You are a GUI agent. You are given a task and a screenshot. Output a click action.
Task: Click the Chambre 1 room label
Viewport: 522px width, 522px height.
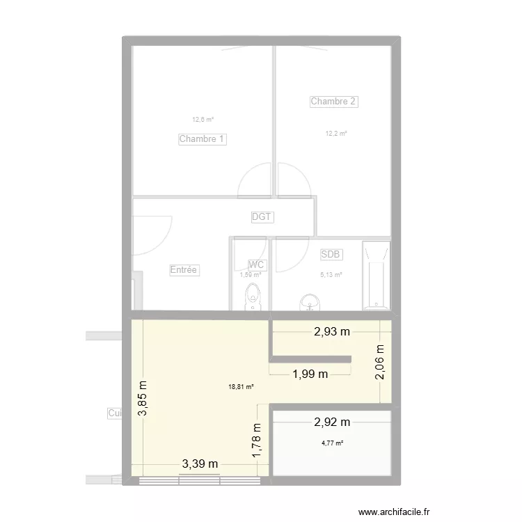pos(203,139)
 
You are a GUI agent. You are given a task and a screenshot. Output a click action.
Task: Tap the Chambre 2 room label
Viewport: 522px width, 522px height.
pos(333,102)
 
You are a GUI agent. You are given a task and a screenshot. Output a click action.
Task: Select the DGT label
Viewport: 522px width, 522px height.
pos(262,217)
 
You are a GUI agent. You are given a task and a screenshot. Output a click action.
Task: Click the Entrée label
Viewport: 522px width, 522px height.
pos(184,270)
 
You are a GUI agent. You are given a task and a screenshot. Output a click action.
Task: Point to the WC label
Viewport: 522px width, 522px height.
pos(256,264)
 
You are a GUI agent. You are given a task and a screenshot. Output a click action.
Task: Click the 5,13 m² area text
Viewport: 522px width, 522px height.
pos(331,275)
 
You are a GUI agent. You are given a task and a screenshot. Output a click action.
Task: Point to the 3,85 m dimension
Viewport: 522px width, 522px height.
pos(143,398)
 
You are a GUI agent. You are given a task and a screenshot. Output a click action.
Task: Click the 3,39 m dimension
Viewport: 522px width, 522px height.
pos(200,464)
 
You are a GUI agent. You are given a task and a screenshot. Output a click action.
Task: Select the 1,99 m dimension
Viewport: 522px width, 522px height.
pos(309,374)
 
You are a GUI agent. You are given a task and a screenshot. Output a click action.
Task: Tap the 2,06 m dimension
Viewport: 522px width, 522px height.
pos(380,363)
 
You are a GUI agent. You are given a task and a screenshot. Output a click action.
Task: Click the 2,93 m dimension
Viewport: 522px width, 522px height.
pos(331,331)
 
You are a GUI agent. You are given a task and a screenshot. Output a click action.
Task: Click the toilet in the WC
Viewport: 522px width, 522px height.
pos(251,298)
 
